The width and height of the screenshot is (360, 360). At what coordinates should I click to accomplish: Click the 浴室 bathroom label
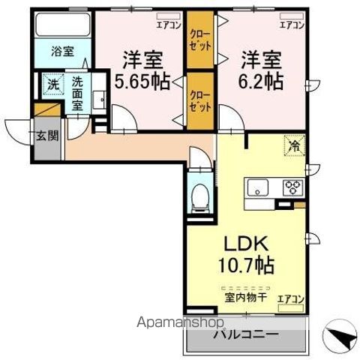(x=61, y=52)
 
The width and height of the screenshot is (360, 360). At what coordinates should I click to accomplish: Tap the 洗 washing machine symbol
(x=52, y=85)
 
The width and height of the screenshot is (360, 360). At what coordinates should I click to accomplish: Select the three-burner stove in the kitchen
(x=292, y=187)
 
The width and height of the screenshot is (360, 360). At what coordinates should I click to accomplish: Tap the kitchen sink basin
(x=256, y=187)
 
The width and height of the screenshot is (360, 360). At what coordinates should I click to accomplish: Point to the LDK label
(x=241, y=244)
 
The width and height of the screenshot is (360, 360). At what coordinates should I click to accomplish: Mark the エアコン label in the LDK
(x=290, y=299)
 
